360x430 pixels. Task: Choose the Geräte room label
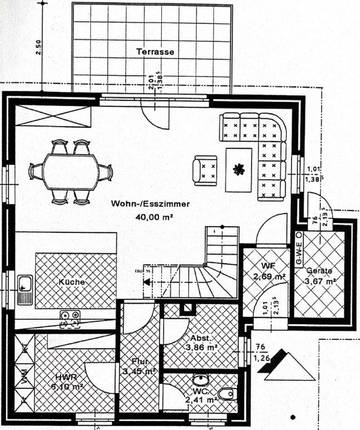(320, 271)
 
